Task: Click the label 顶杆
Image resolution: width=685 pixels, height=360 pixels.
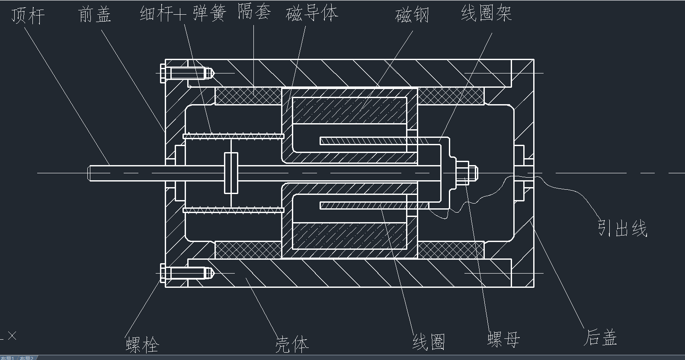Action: [x=28, y=16]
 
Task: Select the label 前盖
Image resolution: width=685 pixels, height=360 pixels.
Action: [x=95, y=14]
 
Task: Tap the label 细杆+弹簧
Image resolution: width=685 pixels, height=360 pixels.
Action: [x=182, y=13]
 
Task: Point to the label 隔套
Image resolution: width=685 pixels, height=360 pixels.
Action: [x=254, y=12]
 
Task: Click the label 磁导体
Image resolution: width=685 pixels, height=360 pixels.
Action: [x=311, y=13]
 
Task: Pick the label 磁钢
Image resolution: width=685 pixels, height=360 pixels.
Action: [x=412, y=15]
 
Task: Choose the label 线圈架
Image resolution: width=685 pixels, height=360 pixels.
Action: [x=486, y=13]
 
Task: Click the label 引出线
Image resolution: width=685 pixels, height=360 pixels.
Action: [x=622, y=227]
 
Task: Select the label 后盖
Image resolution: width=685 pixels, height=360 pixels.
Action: [x=601, y=337]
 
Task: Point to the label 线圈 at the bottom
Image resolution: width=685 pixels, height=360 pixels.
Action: [x=429, y=342]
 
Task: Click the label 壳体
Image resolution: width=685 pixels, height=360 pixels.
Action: [x=292, y=344]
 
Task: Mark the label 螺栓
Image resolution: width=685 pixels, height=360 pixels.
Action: [x=142, y=345]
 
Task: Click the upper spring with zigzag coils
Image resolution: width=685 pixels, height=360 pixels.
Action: [x=234, y=136]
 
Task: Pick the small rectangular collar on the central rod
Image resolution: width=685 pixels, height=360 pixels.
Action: [x=231, y=173]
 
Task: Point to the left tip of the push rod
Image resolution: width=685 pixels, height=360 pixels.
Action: [x=90, y=173]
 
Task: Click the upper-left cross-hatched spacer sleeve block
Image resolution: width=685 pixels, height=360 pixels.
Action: [x=248, y=96]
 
